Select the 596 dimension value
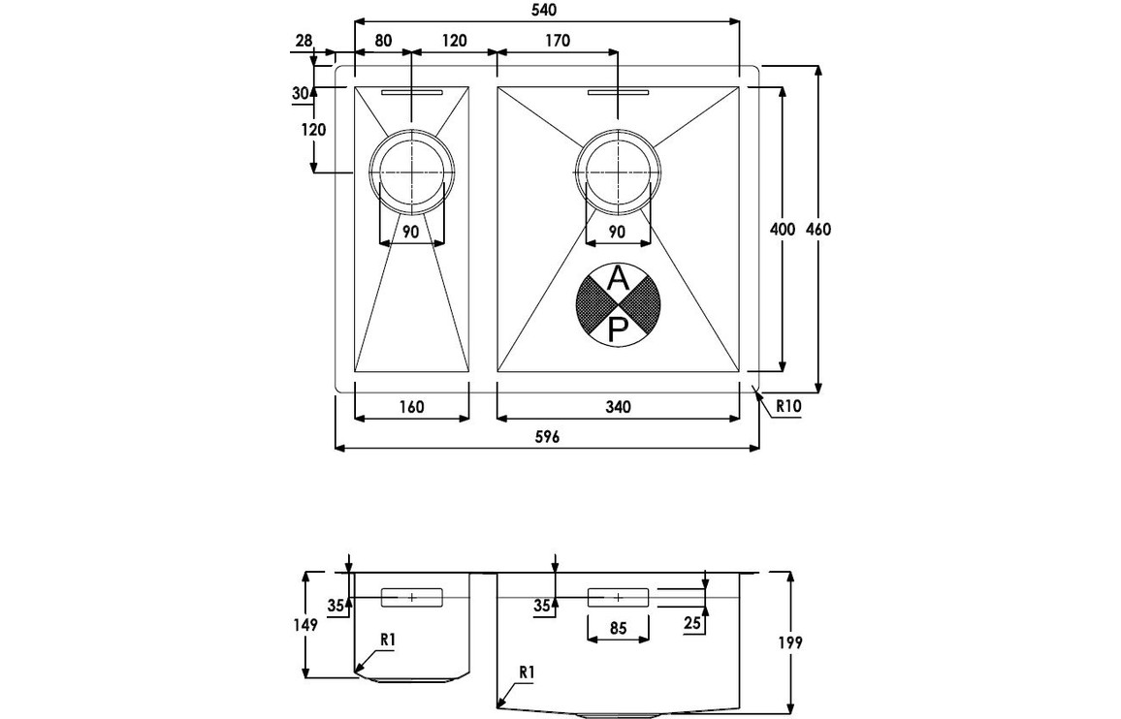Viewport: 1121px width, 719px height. pyautogui.click(x=547, y=437)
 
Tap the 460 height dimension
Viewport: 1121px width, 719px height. pyautogui.click(x=818, y=230)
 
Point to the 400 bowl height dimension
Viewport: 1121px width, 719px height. pyautogui.click(x=782, y=230)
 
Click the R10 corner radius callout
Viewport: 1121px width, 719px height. pyautogui.click(x=786, y=408)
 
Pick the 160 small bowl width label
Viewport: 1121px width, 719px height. pyautogui.click(x=411, y=407)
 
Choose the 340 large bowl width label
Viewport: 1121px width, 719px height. pyautogui.click(x=618, y=407)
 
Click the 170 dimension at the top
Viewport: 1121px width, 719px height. pyautogui.click(x=557, y=40)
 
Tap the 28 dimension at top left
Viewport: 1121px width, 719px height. pyautogui.click(x=304, y=40)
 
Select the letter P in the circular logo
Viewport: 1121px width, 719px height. pyautogui.click(x=618, y=329)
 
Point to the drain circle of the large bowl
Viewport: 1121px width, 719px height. pyautogui.click(x=618, y=172)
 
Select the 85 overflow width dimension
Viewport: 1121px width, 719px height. pyautogui.click(x=618, y=628)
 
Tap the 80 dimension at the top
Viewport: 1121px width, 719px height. pyautogui.click(x=382, y=40)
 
